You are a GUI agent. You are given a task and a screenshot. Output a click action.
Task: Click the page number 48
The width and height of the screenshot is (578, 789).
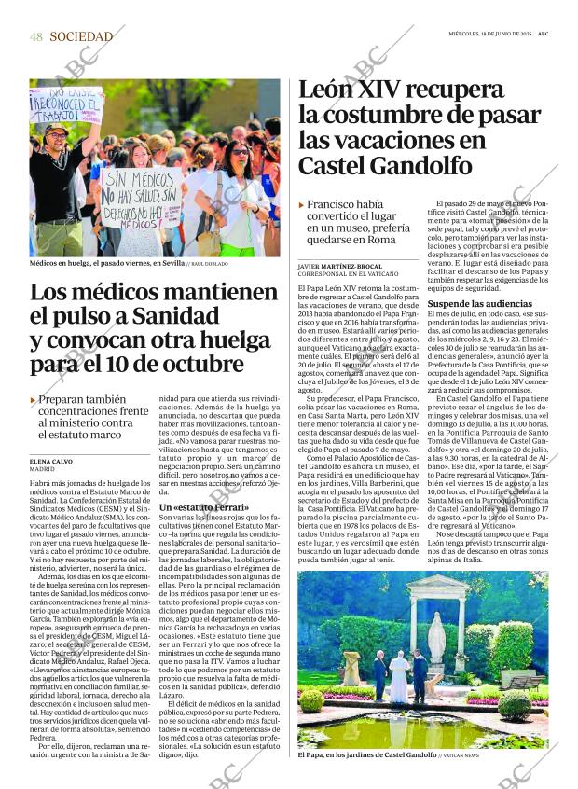(x=36, y=37)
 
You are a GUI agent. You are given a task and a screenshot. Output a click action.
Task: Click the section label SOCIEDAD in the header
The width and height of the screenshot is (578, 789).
(x=81, y=37)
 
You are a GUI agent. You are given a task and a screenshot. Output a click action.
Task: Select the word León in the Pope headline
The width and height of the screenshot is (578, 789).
(x=328, y=91)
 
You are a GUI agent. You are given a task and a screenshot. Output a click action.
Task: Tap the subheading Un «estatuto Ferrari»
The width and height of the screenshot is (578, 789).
(x=199, y=506)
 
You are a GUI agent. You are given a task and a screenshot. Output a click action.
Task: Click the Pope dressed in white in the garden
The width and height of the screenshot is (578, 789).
(x=399, y=677)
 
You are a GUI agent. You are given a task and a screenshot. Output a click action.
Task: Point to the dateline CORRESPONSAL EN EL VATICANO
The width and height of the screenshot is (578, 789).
(x=348, y=274)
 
